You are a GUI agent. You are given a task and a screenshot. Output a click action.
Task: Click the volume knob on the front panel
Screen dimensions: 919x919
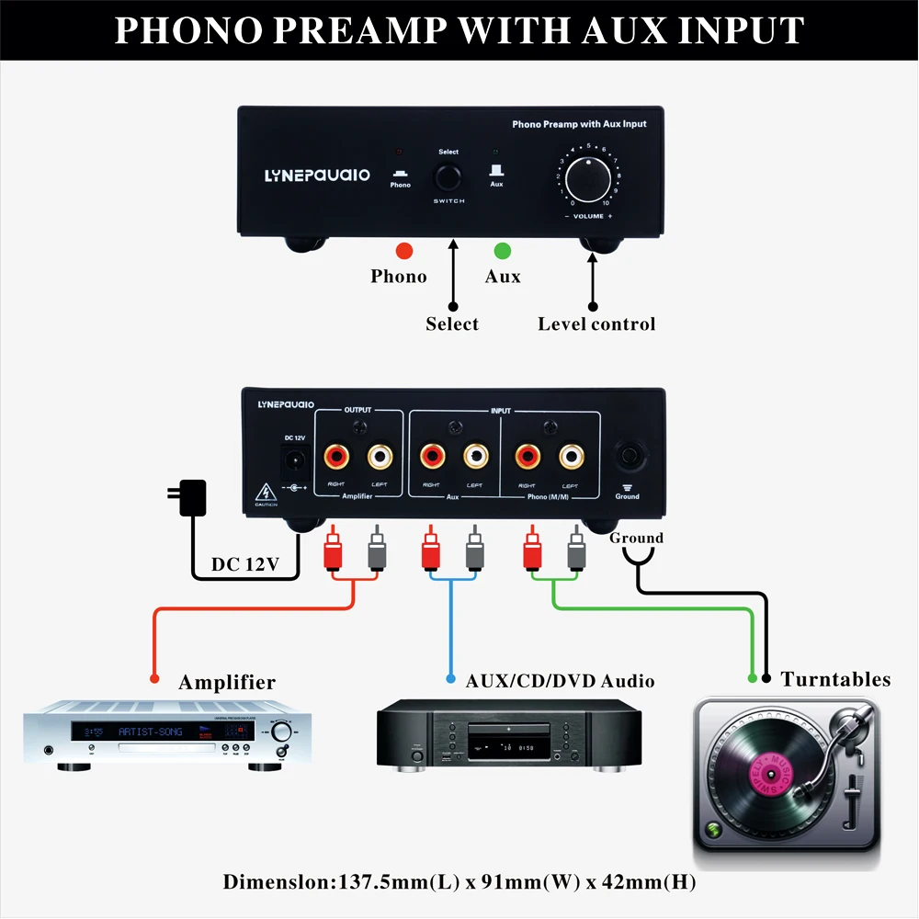[x=588, y=176]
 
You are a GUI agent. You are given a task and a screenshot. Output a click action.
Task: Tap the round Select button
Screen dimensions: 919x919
[x=448, y=176]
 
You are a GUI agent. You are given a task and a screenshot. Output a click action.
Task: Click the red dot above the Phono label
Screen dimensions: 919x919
[x=403, y=250]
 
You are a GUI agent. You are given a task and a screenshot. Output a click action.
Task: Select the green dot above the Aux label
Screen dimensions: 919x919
[x=502, y=250]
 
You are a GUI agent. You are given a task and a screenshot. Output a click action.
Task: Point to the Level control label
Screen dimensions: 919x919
[x=596, y=323]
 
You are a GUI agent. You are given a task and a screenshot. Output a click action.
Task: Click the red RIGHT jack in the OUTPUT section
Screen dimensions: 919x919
[x=335, y=454]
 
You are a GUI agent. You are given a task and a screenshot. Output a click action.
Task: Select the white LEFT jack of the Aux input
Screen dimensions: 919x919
[x=475, y=454]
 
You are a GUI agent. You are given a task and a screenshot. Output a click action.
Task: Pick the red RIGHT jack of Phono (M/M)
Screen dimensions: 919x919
[x=528, y=454]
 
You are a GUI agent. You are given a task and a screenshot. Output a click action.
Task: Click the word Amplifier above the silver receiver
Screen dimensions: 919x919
[x=227, y=682]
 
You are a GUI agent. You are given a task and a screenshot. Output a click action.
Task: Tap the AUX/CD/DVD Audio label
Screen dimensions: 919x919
[x=560, y=681]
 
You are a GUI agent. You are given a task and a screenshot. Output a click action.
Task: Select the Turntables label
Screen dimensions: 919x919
[x=835, y=679]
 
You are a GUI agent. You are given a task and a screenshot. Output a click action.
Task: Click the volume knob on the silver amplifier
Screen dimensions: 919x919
[x=281, y=732]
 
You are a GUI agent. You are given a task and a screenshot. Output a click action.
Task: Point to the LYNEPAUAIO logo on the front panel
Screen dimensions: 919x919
[x=317, y=174]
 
